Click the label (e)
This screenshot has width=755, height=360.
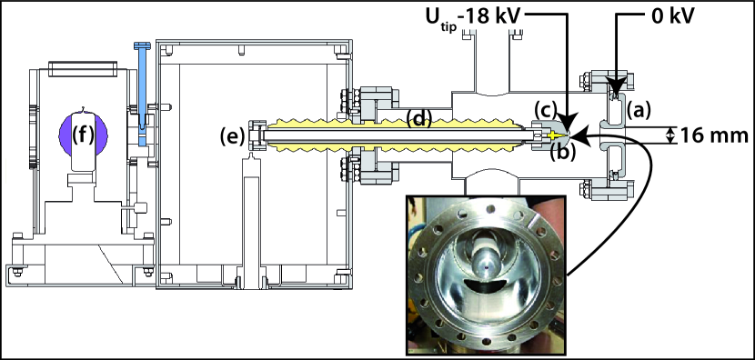click(233, 136)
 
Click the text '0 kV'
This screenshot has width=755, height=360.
click(669, 17)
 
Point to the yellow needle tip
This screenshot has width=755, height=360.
click(555, 135)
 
